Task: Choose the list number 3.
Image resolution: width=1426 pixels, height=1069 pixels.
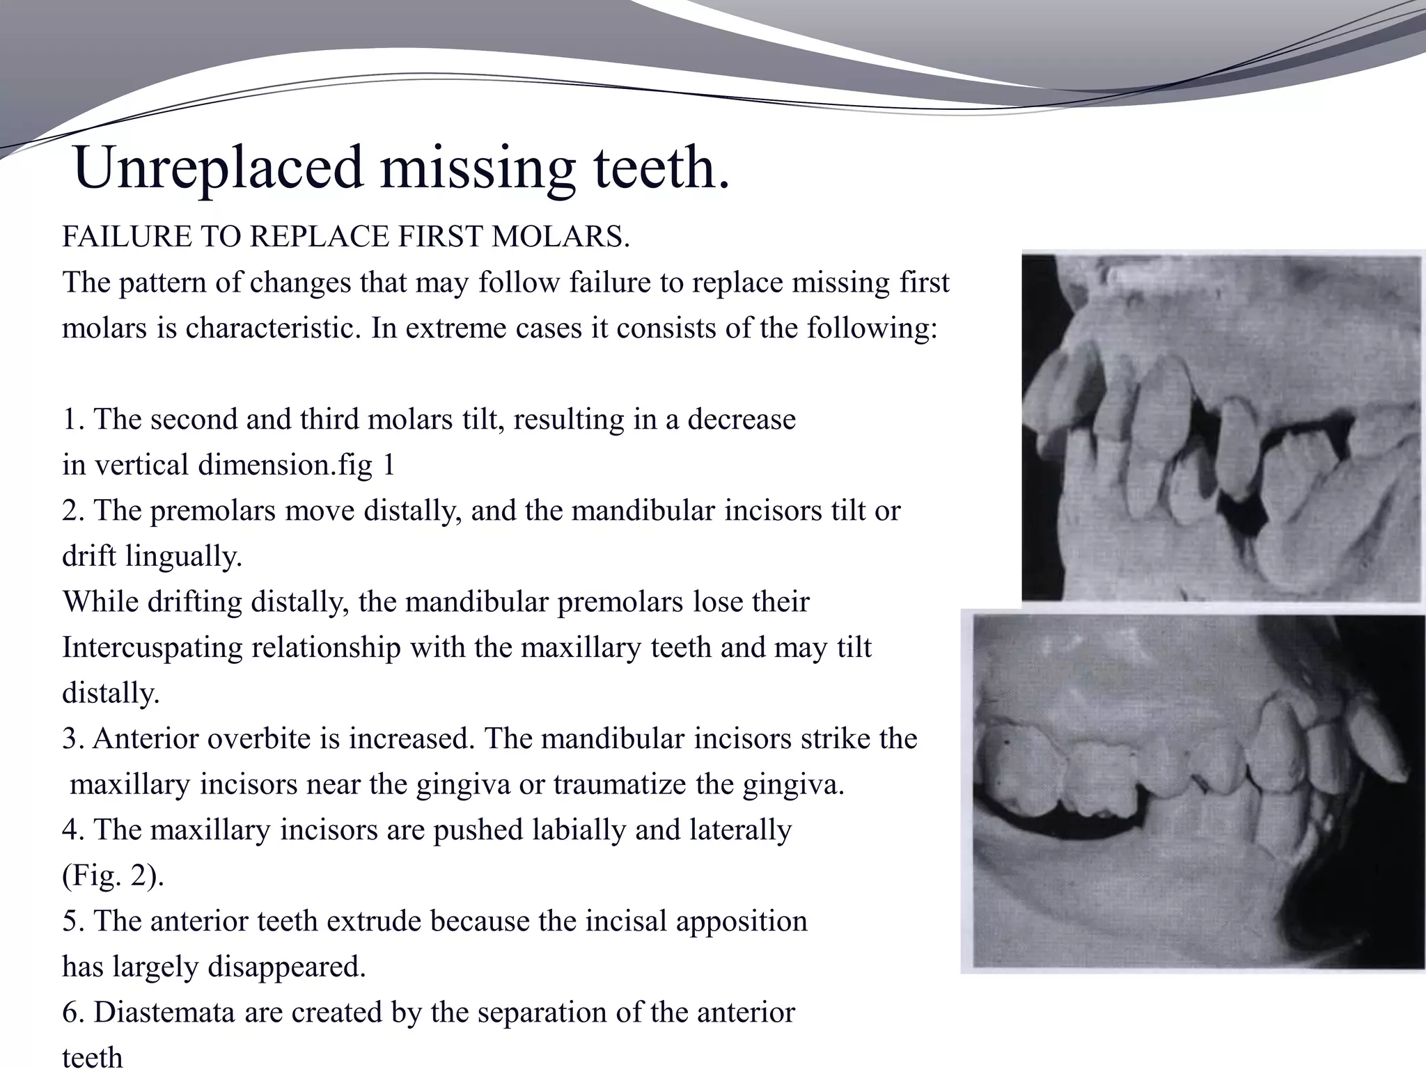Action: (72, 738)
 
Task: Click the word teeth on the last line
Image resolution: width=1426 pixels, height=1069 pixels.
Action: (92, 1056)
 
